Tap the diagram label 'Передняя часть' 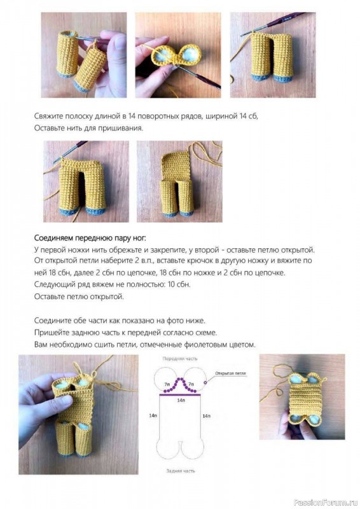click(x=179, y=359)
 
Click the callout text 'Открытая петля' click(x=230, y=375)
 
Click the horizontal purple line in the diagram click(x=179, y=395)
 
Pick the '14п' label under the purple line click(x=181, y=401)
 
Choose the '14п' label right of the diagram click(x=206, y=415)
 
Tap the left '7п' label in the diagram click(x=167, y=385)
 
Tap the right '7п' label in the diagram click(x=193, y=385)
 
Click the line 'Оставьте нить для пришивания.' click(x=88, y=128)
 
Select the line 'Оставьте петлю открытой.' click(x=79, y=296)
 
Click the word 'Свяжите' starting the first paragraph click(x=50, y=116)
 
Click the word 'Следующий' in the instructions click(x=56, y=284)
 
